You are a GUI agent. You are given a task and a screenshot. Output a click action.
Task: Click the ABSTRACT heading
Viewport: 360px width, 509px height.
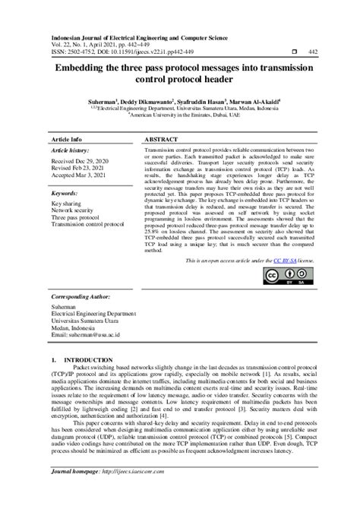tap(162, 141)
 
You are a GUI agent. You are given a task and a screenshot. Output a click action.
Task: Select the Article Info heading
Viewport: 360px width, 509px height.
tap(66, 141)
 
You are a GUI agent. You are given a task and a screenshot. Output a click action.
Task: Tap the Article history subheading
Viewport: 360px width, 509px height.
tap(69, 152)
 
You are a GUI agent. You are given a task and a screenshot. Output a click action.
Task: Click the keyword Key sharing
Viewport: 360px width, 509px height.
tap(67, 204)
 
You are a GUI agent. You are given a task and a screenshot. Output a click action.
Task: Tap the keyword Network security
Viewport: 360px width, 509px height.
tap(73, 212)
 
